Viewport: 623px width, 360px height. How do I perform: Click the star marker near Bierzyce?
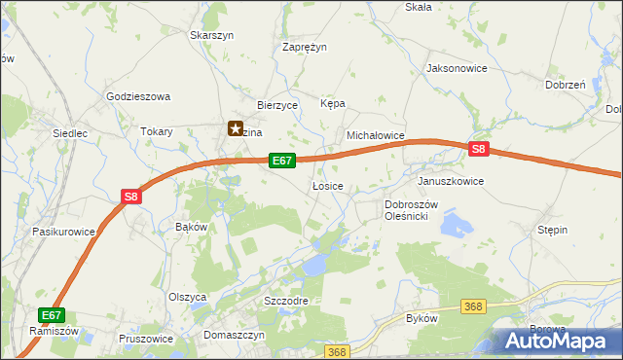pos(235,127)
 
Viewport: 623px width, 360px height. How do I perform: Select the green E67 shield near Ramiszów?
pos(53,315)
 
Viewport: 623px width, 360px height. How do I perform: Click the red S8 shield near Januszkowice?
pos(477,149)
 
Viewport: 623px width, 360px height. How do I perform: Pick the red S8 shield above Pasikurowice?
pos(132,197)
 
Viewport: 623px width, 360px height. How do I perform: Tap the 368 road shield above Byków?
pos(473,306)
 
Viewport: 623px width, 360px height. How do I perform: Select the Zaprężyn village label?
pos(305,47)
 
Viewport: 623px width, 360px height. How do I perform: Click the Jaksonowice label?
pos(457,69)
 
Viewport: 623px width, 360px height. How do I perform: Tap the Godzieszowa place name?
pos(138,97)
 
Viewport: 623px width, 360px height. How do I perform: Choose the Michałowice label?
pos(376,137)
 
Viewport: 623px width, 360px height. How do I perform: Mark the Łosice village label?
pos(327,185)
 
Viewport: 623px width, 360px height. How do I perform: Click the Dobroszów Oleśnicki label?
pos(413,210)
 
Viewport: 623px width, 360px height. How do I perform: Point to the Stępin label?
pos(553,230)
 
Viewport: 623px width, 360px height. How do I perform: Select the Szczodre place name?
pos(286,301)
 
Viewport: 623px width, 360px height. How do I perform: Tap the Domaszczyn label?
pos(235,334)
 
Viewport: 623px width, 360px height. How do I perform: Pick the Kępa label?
pos(333,103)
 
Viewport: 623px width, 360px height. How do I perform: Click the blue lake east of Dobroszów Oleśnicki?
pos(454,226)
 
